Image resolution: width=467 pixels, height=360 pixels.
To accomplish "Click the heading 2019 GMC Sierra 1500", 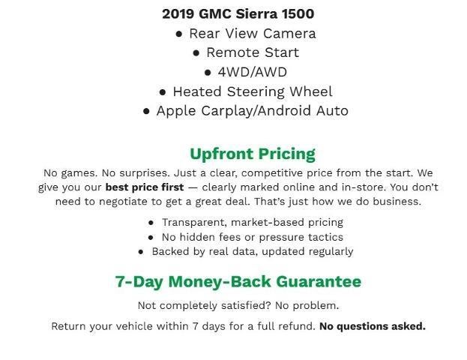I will (x=238, y=13).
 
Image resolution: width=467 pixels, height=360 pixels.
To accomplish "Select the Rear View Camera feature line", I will (x=252, y=33).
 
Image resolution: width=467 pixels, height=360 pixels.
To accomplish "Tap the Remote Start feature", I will (x=252, y=52).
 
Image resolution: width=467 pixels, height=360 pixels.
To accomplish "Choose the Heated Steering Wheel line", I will (x=252, y=91).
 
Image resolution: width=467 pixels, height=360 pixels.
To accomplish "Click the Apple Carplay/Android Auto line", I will (x=252, y=111).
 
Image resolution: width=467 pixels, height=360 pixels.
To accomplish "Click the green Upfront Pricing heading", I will (x=252, y=154).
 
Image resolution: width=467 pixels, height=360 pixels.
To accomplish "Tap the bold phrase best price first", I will (x=144, y=187).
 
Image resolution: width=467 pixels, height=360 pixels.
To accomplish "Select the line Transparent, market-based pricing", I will (x=252, y=223).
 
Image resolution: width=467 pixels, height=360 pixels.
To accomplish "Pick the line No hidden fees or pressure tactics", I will (x=252, y=237).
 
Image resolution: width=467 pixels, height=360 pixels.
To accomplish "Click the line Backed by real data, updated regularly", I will (x=252, y=251).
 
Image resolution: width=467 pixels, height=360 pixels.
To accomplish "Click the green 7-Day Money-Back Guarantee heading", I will (x=238, y=282).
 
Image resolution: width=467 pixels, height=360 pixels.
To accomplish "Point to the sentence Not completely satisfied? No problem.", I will (x=238, y=305).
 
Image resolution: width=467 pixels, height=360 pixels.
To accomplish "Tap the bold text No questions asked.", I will (x=372, y=326).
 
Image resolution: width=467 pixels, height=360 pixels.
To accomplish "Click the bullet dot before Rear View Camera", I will (x=179, y=34).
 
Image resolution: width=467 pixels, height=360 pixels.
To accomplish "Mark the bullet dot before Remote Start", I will (x=196, y=53).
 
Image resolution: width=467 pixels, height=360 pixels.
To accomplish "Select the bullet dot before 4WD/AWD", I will (x=208, y=73).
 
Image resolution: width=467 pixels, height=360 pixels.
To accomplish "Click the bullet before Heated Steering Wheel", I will (x=163, y=92).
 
